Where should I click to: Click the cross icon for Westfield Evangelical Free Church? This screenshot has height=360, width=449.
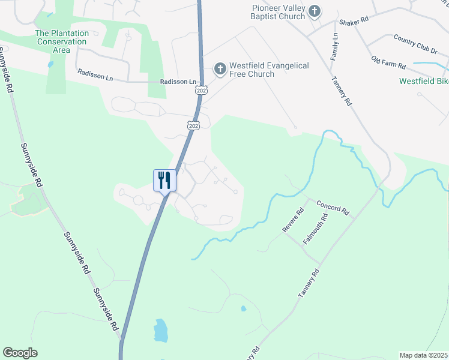(220, 69)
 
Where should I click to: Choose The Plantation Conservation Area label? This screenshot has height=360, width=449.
(62, 41)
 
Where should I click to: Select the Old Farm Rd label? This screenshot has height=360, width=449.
(389, 62)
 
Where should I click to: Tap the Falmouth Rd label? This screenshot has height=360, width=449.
(315, 230)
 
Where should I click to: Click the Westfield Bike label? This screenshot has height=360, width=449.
(424, 81)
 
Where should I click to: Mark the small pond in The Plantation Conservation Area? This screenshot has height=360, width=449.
(49, 65)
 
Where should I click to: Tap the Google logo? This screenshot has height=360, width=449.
(20, 353)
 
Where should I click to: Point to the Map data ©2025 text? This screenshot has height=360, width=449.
(423, 355)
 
